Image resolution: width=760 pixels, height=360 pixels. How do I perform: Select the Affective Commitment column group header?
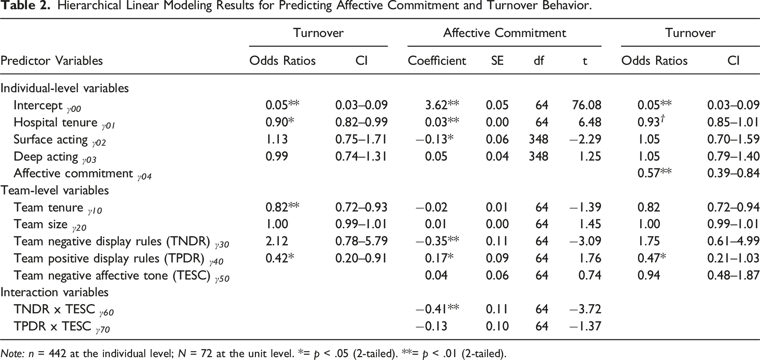(x=504, y=33)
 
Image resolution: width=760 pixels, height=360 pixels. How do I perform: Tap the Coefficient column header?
(x=437, y=61)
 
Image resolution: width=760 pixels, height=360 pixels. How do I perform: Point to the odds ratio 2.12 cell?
(x=277, y=241)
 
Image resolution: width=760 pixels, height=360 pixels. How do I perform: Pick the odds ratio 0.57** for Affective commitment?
(x=654, y=173)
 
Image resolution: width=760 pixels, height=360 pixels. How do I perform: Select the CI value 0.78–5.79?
(x=361, y=241)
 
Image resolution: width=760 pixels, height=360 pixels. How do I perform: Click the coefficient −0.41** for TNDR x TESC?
(x=437, y=309)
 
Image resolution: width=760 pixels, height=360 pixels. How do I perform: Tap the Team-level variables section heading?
(x=54, y=190)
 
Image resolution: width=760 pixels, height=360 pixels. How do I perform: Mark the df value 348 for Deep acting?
(x=538, y=156)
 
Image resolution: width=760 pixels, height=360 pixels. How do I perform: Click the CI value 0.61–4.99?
(x=733, y=241)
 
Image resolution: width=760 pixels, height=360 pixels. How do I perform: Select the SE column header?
(x=497, y=61)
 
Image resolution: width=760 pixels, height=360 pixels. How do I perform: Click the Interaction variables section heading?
(x=54, y=292)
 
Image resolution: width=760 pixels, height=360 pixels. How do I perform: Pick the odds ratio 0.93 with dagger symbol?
(x=651, y=122)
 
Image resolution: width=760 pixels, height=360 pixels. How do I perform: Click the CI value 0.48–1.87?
(x=733, y=275)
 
